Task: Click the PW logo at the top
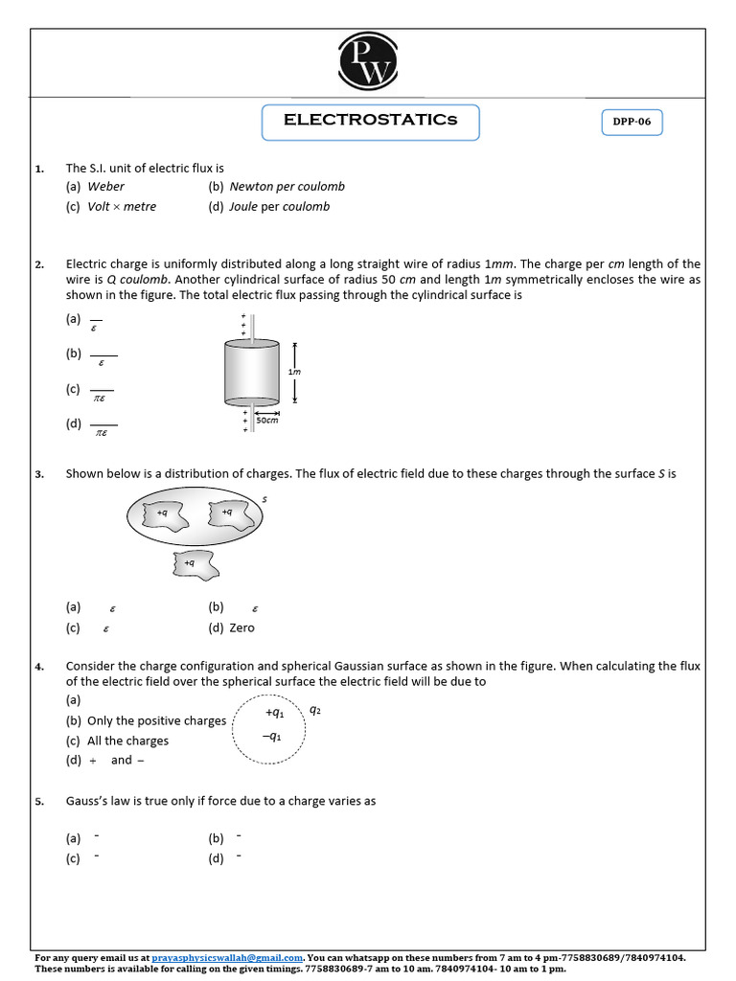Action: (367, 61)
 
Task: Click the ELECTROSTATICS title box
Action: (370, 122)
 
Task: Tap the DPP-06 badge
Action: (632, 124)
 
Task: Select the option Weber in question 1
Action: (105, 187)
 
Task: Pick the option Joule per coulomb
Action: (279, 207)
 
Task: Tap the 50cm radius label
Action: (266, 420)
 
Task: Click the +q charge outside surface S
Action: (195, 564)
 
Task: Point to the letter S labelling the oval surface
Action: (264, 499)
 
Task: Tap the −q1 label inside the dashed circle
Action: (272, 737)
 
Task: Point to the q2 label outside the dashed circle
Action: (315, 711)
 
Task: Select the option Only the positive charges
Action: (155, 721)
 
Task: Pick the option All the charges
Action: (126, 741)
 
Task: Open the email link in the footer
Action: (227, 957)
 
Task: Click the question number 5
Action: (39, 802)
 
